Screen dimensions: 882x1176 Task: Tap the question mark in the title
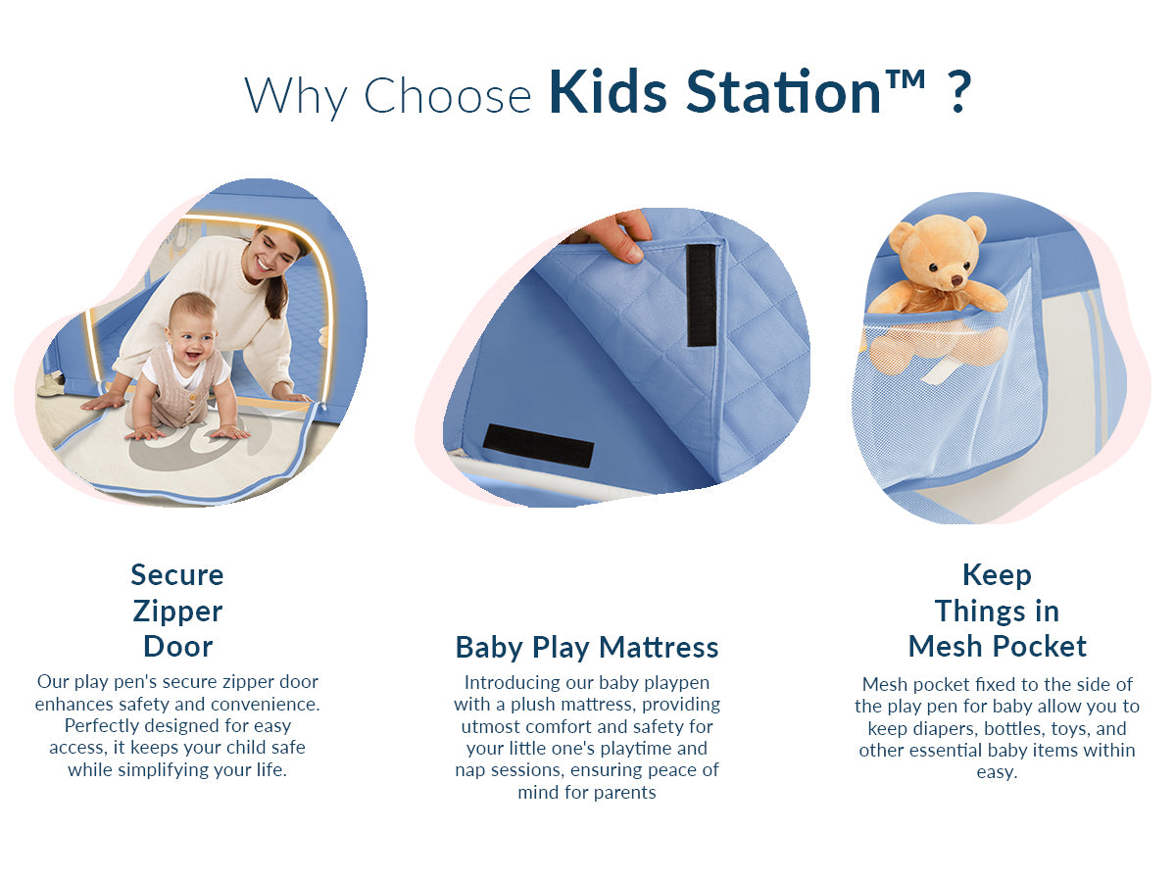point(959,92)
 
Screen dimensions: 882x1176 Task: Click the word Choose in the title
point(447,95)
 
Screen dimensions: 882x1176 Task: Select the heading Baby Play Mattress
point(587,647)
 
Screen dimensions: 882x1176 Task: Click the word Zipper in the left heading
point(177,611)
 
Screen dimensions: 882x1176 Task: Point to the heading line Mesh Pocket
point(997,646)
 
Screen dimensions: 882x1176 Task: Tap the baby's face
point(190,331)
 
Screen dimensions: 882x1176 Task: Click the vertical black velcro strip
point(701,294)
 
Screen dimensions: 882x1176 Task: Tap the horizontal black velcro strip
point(538,445)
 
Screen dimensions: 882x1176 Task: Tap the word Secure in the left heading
point(177,574)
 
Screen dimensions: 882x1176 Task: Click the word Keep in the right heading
point(997,574)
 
